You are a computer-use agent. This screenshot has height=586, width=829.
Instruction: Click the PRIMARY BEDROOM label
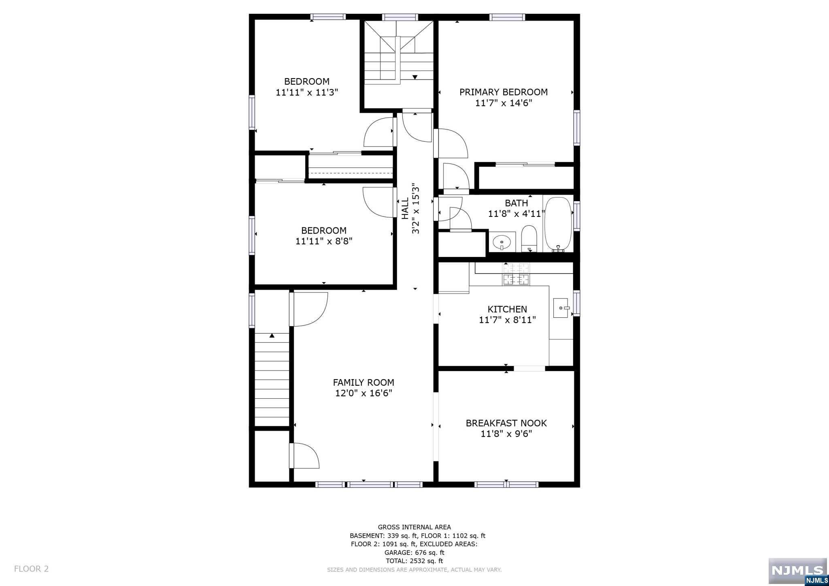(504, 92)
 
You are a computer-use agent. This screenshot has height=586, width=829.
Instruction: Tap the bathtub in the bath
(558, 225)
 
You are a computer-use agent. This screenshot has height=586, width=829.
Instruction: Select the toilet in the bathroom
(529, 239)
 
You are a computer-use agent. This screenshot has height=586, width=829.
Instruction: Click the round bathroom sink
(502, 243)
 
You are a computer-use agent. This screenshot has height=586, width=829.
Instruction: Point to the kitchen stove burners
(516, 274)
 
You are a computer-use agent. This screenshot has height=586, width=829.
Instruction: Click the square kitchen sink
(561, 308)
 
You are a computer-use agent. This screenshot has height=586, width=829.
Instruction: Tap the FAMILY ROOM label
(363, 382)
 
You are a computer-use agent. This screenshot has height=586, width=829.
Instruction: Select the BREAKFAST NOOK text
(506, 423)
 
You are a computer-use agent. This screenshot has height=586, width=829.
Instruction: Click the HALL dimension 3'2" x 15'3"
(416, 209)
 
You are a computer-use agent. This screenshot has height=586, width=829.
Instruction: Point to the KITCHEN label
(507, 309)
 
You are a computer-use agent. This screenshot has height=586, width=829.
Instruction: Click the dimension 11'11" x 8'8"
(324, 242)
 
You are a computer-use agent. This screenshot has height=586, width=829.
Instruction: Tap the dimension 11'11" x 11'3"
(307, 92)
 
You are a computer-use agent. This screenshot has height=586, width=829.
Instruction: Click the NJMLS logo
(797, 571)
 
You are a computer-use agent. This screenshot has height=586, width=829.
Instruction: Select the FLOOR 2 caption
(31, 569)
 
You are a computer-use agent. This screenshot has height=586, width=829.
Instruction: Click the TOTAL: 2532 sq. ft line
(414, 561)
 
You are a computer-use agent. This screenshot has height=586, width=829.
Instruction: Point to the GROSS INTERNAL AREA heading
(414, 527)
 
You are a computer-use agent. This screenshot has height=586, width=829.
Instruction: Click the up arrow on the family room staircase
(272, 335)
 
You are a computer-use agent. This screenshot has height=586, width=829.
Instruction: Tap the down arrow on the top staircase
(415, 77)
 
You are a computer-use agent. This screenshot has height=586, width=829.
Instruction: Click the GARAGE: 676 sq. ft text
(414, 552)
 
